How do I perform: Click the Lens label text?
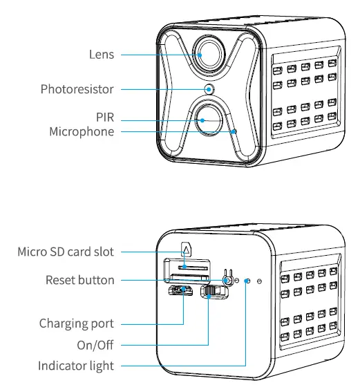[101, 55]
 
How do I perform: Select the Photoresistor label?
[77, 89]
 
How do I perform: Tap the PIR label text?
[105, 118]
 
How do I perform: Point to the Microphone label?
[81, 131]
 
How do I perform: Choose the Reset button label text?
[79, 280]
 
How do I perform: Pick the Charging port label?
[76, 323]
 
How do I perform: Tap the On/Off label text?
[95, 344]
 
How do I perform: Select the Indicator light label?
[76, 365]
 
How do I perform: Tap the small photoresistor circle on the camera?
[210, 89]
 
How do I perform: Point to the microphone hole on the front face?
[234, 131]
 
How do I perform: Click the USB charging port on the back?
[182, 290]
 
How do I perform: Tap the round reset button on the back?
[227, 280]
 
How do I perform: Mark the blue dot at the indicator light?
[247, 281]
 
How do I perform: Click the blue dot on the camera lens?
[200, 55]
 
